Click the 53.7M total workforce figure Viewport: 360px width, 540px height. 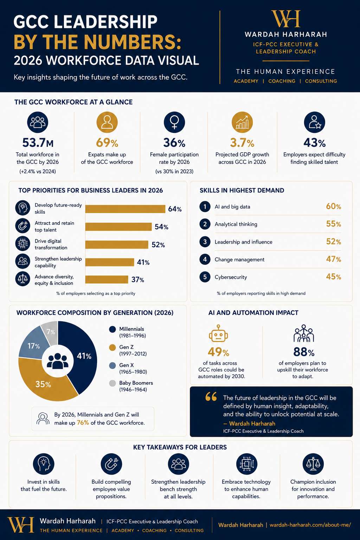pyautogui.click(x=38, y=143)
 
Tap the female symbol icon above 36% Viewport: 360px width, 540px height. pyautogui.click(x=174, y=122)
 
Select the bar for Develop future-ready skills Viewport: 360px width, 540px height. pyautogui.click(x=125, y=209)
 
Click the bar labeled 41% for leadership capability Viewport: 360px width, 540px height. pyautogui.click(x=109, y=262)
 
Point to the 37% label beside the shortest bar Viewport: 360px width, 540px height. pyautogui.click(x=138, y=279)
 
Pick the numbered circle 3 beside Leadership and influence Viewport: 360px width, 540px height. pyautogui.click(x=205, y=242)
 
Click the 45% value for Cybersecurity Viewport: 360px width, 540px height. pyautogui.click(x=334, y=277)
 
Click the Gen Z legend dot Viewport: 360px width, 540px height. pyautogui.click(x=112, y=347)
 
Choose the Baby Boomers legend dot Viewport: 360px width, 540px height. pyautogui.click(x=112, y=383)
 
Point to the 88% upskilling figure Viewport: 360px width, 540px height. pyautogui.click(x=304, y=352)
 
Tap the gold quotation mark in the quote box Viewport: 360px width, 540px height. pyautogui.click(x=211, y=397)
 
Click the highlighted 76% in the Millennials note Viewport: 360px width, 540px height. pyautogui.click(x=83, y=423)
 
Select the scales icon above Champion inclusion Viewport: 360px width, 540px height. pyautogui.click(x=313, y=464)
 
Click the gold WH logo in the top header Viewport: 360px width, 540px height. pyautogui.click(x=286, y=19)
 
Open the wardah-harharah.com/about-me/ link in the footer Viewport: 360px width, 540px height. pyautogui.click(x=310, y=525)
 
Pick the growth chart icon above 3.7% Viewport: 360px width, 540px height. pyautogui.click(x=242, y=122)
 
